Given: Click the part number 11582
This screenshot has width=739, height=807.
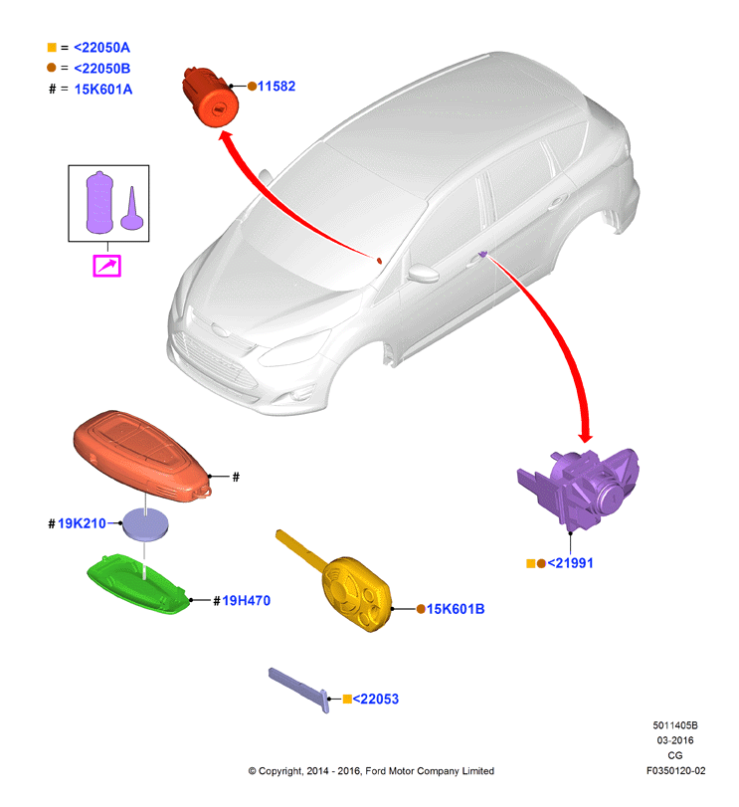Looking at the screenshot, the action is click(x=277, y=86).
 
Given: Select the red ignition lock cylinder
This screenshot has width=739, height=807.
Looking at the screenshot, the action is click(x=210, y=97).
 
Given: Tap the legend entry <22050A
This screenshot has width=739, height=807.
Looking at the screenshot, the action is click(x=101, y=48).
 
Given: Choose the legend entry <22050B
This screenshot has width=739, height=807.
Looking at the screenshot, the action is click(x=101, y=68).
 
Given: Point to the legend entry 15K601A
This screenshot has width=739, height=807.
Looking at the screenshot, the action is click(x=102, y=89).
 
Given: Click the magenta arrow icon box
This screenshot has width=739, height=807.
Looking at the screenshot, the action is click(x=107, y=266).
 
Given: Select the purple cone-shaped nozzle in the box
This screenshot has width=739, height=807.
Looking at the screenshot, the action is click(x=131, y=209).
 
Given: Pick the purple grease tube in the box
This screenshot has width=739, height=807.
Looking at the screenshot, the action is click(x=99, y=202).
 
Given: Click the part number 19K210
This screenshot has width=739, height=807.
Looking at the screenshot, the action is click(x=82, y=523).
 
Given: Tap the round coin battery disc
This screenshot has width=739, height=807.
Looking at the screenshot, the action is click(x=145, y=524).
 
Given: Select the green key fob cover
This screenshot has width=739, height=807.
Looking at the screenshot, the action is click(x=138, y=584).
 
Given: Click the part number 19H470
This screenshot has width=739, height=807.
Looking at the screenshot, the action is click(x=246, y=601).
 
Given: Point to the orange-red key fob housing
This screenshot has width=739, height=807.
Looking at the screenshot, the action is click(x=141, y=456).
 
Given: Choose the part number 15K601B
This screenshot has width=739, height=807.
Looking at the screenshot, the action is click(x=456, y=609).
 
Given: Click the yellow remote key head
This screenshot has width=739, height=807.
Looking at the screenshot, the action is click(x=357, y=593).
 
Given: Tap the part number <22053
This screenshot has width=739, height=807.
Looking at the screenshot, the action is click(x=375, y=699).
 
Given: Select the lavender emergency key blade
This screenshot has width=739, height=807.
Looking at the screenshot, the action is click(x=299, y=691).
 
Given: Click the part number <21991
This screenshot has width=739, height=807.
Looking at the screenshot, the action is click(x=570, y=563).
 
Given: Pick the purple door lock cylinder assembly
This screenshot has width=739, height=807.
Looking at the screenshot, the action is click(x=579, y=489).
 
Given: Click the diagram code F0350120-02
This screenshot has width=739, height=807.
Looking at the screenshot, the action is click(x=675, y=770).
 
